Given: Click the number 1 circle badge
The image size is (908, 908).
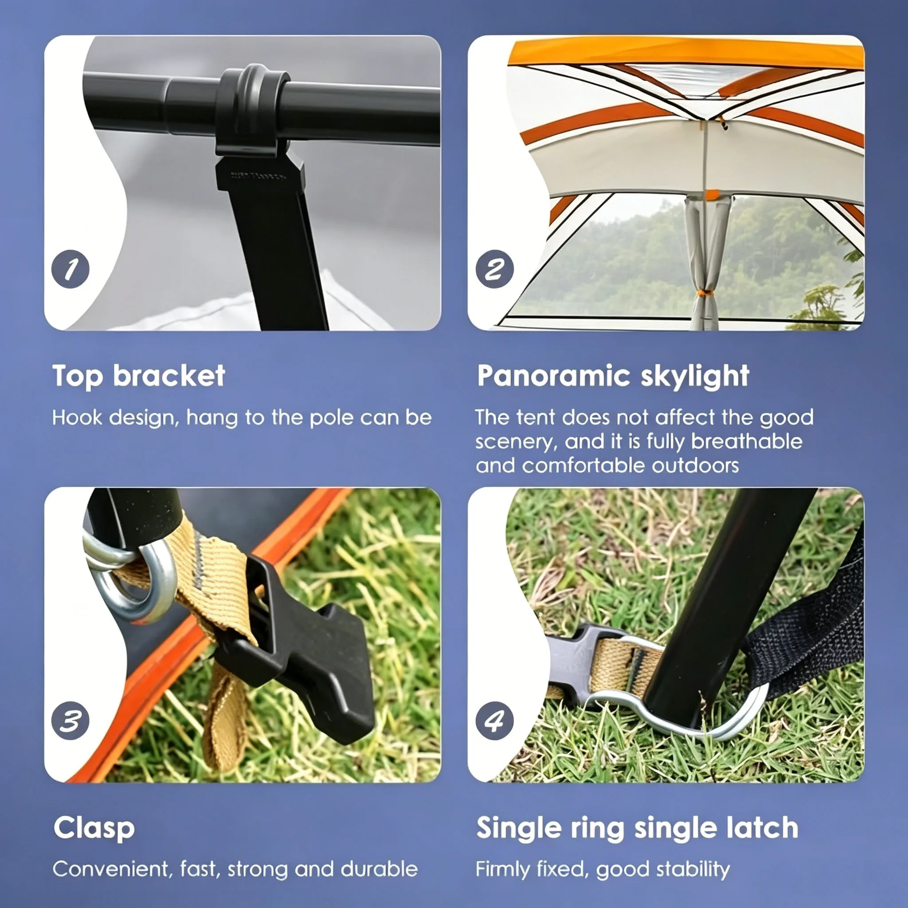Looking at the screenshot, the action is click(x=70, y=269).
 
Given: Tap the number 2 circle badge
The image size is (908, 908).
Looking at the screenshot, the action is click(x=494, y=269).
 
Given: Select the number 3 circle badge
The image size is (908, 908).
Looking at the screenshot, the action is click(x=70, y=720).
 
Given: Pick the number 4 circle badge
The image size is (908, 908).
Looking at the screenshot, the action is click(x=494, y=720).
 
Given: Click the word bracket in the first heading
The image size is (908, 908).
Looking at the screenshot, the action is click(x=169, y=376).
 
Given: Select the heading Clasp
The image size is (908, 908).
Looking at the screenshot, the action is click(x=94, y=829).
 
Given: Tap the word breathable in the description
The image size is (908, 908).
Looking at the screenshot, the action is click(x=747, y=441).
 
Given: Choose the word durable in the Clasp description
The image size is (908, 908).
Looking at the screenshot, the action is click(x=379, y=869).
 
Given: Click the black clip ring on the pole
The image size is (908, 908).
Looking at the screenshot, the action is click(x=253, y=110).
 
